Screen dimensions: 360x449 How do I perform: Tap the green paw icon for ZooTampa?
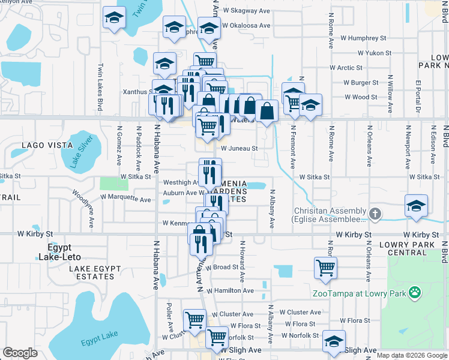414,293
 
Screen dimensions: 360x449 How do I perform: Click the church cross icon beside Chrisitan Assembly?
375,213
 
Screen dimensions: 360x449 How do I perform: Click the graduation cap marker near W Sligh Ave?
333,341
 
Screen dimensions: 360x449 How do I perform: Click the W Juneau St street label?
239,148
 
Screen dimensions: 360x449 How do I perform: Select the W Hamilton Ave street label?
230,290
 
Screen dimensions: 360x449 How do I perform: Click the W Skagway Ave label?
246,11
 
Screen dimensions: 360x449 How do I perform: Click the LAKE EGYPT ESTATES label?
91,272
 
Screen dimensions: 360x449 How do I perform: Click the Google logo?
20,353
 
